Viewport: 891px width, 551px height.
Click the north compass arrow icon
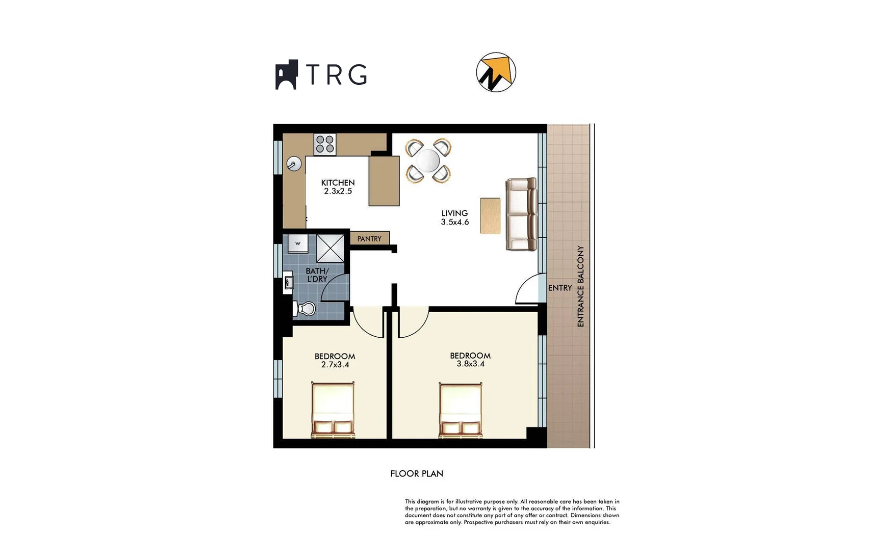[496, 72]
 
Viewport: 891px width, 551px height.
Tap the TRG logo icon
[287, 74]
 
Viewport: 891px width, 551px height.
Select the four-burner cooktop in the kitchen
[325, 144]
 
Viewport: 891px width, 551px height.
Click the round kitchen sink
[294, 164]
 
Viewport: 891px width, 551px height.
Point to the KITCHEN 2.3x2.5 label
[338, 187]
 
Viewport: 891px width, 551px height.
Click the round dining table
[428, 161]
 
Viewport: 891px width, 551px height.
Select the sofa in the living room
[521, 214]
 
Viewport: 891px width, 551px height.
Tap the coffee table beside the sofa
[490, 216]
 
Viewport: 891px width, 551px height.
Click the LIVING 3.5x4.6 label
[454, 217]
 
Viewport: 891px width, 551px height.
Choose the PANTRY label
[369, 239]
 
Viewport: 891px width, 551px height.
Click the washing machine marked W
[298, 243]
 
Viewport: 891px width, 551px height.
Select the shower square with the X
[330, 248]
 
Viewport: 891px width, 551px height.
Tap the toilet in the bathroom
[304, 308]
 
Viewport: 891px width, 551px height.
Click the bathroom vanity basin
[288, 283]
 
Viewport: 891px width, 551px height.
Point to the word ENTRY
[560, 288]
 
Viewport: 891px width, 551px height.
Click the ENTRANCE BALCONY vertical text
[580, 286]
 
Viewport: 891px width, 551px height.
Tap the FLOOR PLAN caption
[417, 473]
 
